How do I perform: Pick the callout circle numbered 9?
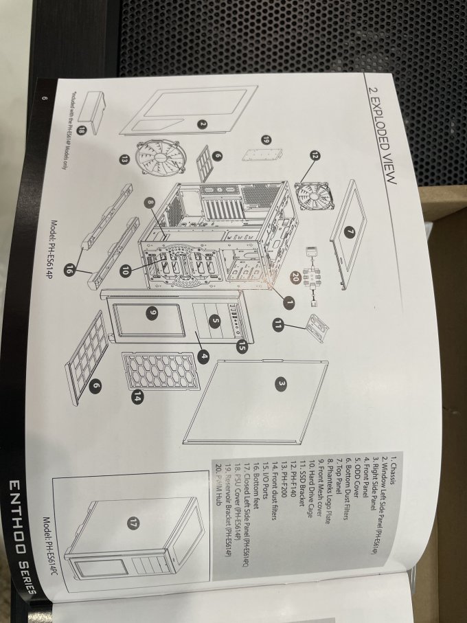152,313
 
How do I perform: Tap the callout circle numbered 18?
82,129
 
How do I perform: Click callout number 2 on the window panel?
203,124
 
